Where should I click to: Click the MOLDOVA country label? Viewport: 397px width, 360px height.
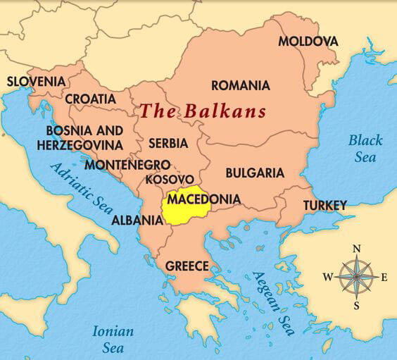pos(308,41)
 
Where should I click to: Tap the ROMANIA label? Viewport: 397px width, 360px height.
pos(240,86)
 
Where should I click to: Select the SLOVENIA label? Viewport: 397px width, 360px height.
pos(36,81)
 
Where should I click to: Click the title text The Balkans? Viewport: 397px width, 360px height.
pos(203,111)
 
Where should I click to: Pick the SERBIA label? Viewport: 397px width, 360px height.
pos(168,144)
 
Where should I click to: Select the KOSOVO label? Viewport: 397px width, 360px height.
pos(165,180)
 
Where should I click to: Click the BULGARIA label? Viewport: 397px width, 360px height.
pos(255,173)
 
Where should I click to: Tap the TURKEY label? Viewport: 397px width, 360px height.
pos(324,205)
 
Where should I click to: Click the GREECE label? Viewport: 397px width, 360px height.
pos(187,266)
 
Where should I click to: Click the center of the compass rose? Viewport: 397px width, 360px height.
pos(356,276)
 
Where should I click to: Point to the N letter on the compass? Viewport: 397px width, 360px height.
pos(357,248)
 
